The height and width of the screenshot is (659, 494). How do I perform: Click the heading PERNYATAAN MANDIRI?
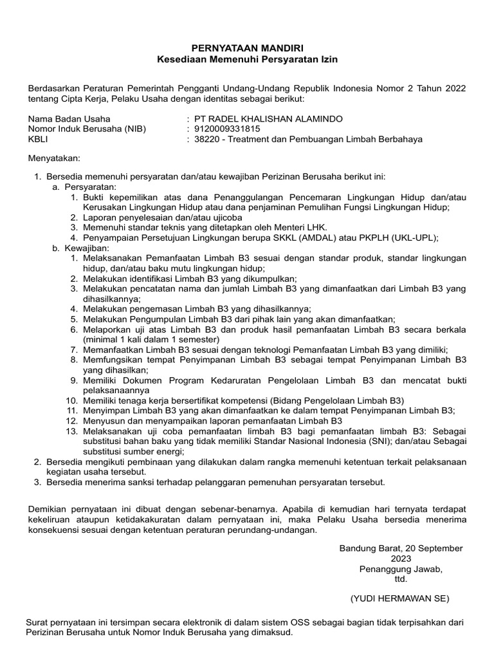248,48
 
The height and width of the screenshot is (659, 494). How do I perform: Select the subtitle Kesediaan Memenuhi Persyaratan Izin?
248,59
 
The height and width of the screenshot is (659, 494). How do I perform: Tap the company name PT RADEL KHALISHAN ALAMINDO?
271,119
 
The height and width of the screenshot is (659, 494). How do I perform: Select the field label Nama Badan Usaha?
69,119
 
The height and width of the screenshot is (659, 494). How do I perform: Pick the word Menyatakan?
55,158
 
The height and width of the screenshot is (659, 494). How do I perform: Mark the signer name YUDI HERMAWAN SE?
400,598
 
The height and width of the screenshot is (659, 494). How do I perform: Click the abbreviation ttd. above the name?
401,579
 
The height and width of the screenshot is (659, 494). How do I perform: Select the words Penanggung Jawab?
401,569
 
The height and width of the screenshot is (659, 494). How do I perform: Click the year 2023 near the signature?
401,559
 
